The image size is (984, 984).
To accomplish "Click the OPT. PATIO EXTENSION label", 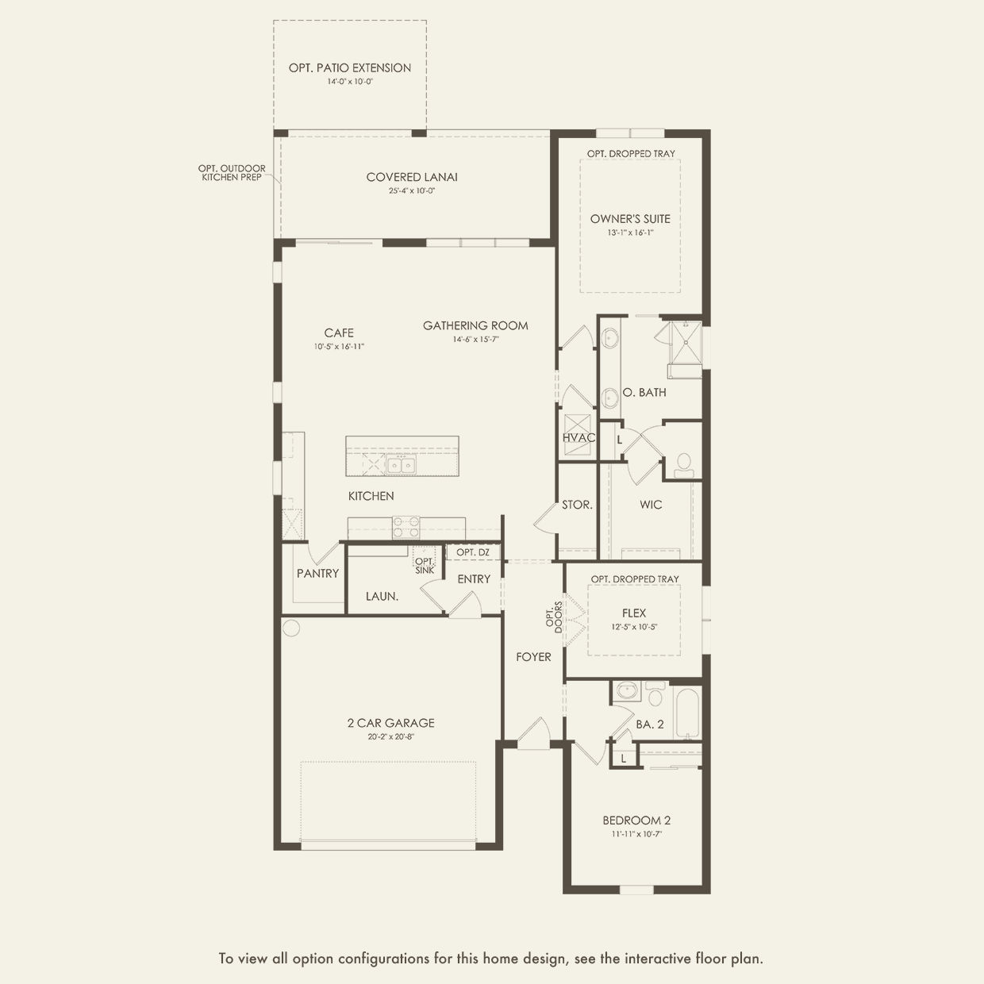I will [350, 68].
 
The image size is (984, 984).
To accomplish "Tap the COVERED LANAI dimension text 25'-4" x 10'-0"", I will [412, 191].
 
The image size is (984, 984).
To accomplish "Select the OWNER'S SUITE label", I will [630, 219].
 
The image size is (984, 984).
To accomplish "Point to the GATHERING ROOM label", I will [475, 325].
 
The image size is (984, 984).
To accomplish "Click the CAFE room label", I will [339, 333].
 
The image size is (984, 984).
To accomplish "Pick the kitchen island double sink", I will [402, 464].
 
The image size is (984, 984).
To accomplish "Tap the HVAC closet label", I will [578, 438].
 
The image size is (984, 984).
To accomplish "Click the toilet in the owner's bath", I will [683, 465].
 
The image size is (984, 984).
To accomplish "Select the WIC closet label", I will [651, 505].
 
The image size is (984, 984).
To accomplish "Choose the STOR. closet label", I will [577, 505].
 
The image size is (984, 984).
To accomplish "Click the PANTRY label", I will [317, 574].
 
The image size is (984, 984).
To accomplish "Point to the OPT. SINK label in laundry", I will [425, 566].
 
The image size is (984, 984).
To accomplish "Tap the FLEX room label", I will [634, 613].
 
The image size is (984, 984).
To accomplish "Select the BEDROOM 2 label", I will [636, 821].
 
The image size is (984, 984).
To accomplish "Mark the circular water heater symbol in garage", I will [291, 628].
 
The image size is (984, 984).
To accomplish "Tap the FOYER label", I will [533, 657].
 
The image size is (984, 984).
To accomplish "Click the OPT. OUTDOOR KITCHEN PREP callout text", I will [232, 173].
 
